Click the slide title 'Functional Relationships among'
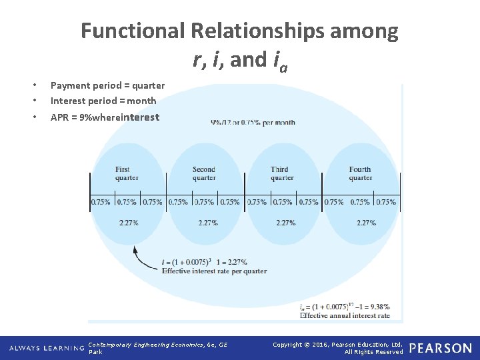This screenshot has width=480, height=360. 240,31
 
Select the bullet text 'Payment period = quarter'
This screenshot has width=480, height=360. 107,85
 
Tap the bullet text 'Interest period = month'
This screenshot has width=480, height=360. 103,101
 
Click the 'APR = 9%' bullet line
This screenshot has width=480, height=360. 105,117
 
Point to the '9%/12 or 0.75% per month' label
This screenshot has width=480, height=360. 253,123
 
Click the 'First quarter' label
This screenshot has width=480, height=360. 127,173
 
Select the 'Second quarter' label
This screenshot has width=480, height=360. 204,173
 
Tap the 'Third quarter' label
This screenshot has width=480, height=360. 282,173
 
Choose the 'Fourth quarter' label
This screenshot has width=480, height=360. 360,173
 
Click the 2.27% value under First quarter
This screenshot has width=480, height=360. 129,223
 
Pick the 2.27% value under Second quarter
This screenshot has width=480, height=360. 208,223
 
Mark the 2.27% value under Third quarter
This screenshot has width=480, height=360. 285,223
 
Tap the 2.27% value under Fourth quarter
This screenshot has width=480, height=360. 366,223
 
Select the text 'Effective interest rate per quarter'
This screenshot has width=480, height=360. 213,271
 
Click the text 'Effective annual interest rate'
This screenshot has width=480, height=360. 345,315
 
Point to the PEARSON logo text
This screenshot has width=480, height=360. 441,348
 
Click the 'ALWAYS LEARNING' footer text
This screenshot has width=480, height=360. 45,349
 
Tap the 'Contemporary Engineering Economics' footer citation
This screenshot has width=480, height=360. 157,345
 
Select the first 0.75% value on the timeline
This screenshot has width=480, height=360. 101,202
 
